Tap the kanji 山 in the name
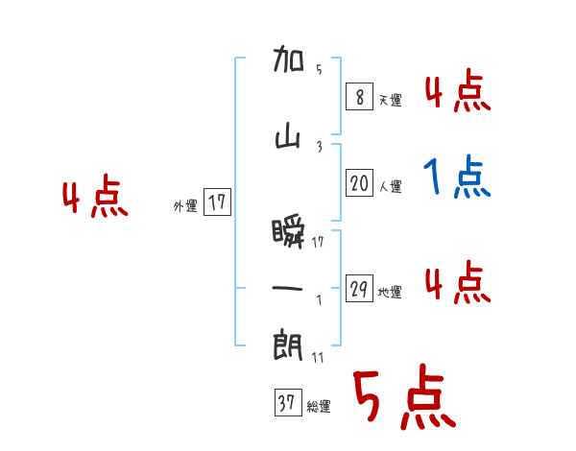[x=289, y=138]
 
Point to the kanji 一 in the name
[x=289, y=287]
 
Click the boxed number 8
[x=358, y=96]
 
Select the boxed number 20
[x=360, y=183]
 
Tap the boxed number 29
[x=360, y=289]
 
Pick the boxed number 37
[x=287, y=404]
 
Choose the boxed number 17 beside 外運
[x=217, y=202]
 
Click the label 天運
[x=391, y=100]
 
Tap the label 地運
[x=391, y=293]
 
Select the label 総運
[x=319, y=407]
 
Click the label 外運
[x=184, y=205]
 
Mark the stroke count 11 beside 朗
[x=319, y=358]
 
